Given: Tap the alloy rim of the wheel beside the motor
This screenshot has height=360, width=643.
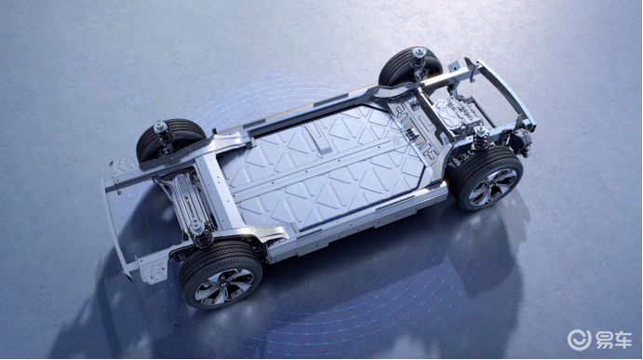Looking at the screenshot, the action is pos(492,187).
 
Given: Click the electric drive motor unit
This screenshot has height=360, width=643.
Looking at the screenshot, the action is pos(455,114).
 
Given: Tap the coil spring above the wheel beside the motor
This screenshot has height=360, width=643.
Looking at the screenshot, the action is pos(480,138).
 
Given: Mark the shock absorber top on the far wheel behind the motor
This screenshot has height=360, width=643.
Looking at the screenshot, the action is pos(419,53).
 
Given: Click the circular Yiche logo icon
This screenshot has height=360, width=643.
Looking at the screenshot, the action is pos(579,340).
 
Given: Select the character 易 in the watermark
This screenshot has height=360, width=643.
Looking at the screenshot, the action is pos(603,340).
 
